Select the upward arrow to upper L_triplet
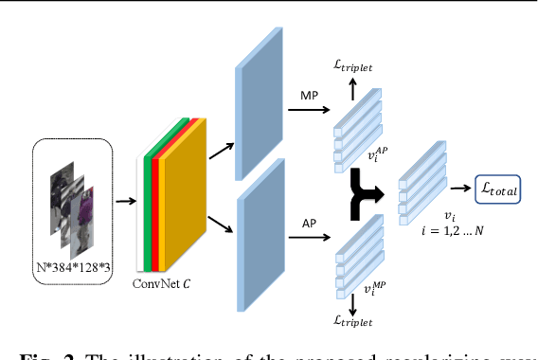pyautogui.click(x=353, y=88)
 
